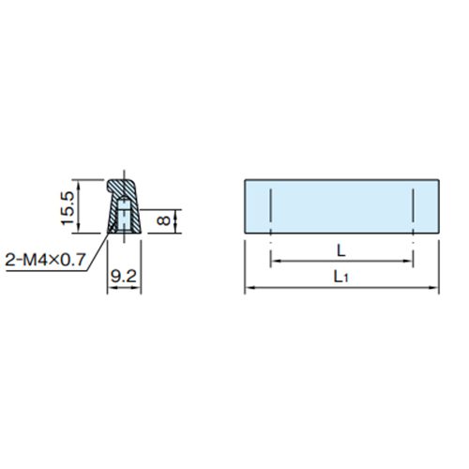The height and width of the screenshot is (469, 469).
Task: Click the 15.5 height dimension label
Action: click(x=68, y=208)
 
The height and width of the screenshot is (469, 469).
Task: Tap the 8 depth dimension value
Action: click(x=163, y=220)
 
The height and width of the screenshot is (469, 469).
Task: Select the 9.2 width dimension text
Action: click(x=124, y=276)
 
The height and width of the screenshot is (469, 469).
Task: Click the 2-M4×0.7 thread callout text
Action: click(x=45, y=259)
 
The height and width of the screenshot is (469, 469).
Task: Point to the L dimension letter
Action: click(x=341, y=250)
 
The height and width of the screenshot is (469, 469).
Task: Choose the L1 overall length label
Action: click(x=340, y=277)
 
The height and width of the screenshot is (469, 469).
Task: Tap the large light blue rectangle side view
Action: click(x=341, y=206)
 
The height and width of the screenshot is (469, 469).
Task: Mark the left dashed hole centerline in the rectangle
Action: click(x=271, y=216)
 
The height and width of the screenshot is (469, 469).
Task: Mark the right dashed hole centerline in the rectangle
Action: click(x=413, y=216)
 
